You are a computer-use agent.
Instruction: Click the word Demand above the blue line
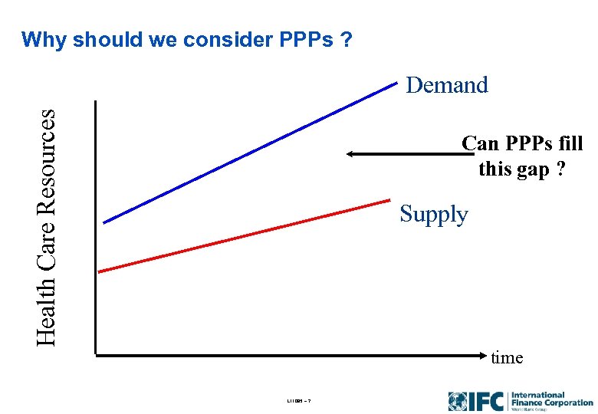tap(447, 85)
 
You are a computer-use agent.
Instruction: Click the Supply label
tap(433, 215)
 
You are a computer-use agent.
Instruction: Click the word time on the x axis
tap(507, 357)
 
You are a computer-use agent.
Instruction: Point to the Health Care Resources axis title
tap(47, 226)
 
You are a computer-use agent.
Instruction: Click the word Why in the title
tap(41, 40)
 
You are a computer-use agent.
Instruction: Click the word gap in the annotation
tap(531, 169)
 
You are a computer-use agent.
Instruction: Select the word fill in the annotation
tap(567, 143)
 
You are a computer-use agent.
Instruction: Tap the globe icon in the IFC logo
tap(458, 401)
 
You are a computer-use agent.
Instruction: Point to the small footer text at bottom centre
tap(298, 402)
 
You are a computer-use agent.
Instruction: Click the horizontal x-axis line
tap(291, 355)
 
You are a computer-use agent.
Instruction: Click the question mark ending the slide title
tap(348, 40)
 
